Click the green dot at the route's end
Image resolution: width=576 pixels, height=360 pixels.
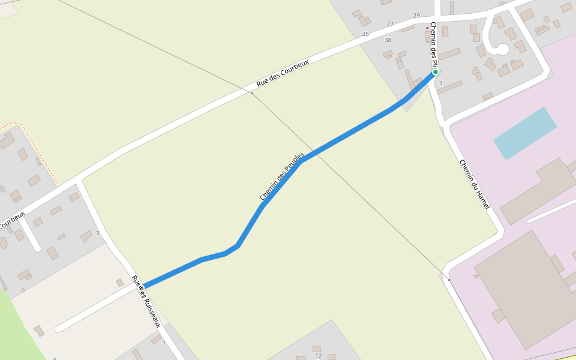(x=436, y=72)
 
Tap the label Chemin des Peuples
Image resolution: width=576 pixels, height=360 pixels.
(x=282, y=176)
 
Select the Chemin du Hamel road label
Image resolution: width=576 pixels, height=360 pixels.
(x=475, y=184)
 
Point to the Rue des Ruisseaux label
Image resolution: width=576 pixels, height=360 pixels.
(x=146, y=301)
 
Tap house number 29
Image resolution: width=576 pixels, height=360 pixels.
(x=416, y=16)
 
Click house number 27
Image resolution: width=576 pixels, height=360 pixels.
(x=390, y=25)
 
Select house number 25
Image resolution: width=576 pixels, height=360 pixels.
(x=365, y=34)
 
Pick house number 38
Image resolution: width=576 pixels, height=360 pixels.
(x=388, y=40)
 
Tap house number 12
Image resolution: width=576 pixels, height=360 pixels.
(x=319, y=356)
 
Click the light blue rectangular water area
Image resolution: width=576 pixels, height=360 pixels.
(x=524, y=133)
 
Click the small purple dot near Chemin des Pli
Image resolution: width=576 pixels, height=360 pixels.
(x=427, y=28)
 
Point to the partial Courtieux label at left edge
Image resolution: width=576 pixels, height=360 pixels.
(x=12, y=220)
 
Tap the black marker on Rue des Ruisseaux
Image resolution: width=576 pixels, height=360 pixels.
(x=141, y=288)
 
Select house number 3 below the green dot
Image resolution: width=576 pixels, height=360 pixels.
(x=440, y=83)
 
